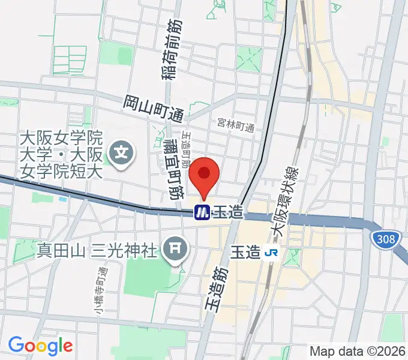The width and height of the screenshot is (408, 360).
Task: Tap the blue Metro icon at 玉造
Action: [202, 212]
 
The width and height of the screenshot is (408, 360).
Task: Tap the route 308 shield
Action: [385, 240]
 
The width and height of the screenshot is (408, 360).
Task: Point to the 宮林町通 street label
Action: [236, 127]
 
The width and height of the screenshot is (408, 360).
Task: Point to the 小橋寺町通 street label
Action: [98, 290]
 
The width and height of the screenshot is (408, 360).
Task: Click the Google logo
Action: [40, 346]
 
